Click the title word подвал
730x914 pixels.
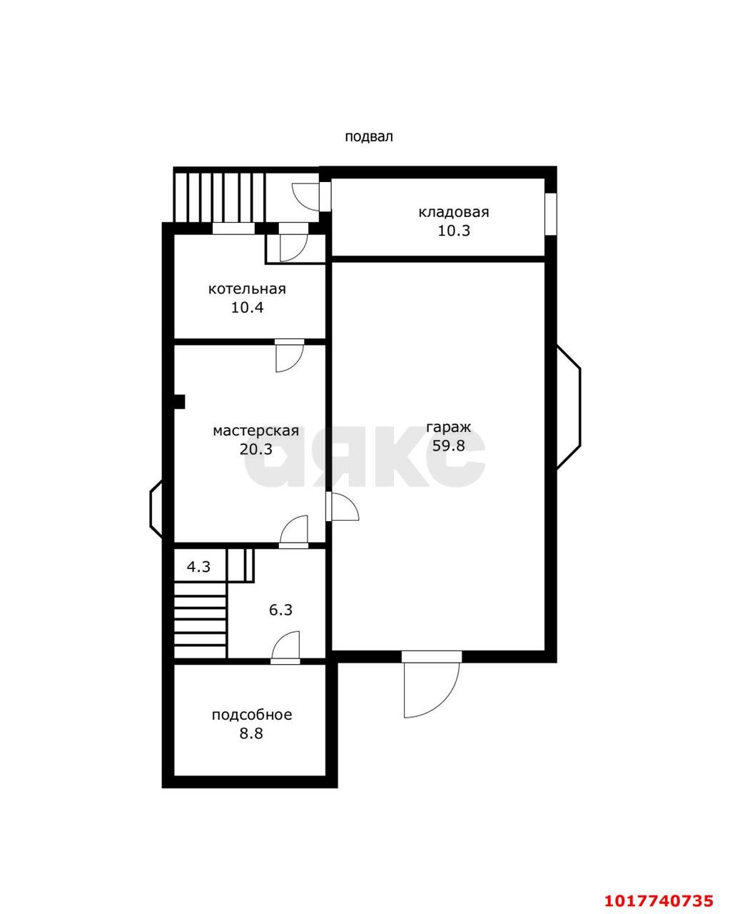click(x=368, y=137)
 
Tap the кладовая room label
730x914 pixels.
click(x=454, y=212)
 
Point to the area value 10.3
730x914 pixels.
click(x=454, y=231)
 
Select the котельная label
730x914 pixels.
click(x=247, y=289)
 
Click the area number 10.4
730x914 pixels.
click(x=247, y=308)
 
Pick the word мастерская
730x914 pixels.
click(x=256, y=431)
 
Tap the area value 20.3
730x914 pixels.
click(x=256, y=449)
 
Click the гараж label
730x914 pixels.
click(x=449, y=428)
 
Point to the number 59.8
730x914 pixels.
click(x=449, y=446)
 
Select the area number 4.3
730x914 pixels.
click(x=198, y=566)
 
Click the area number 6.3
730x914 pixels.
click(x=281, y=611)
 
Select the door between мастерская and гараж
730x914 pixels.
click(x=342, y=506)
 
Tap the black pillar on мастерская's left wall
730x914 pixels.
click(x=180, y=401)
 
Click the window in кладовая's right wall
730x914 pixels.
click(x=550, y=214)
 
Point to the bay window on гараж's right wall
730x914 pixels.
click(x=569, y=407)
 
